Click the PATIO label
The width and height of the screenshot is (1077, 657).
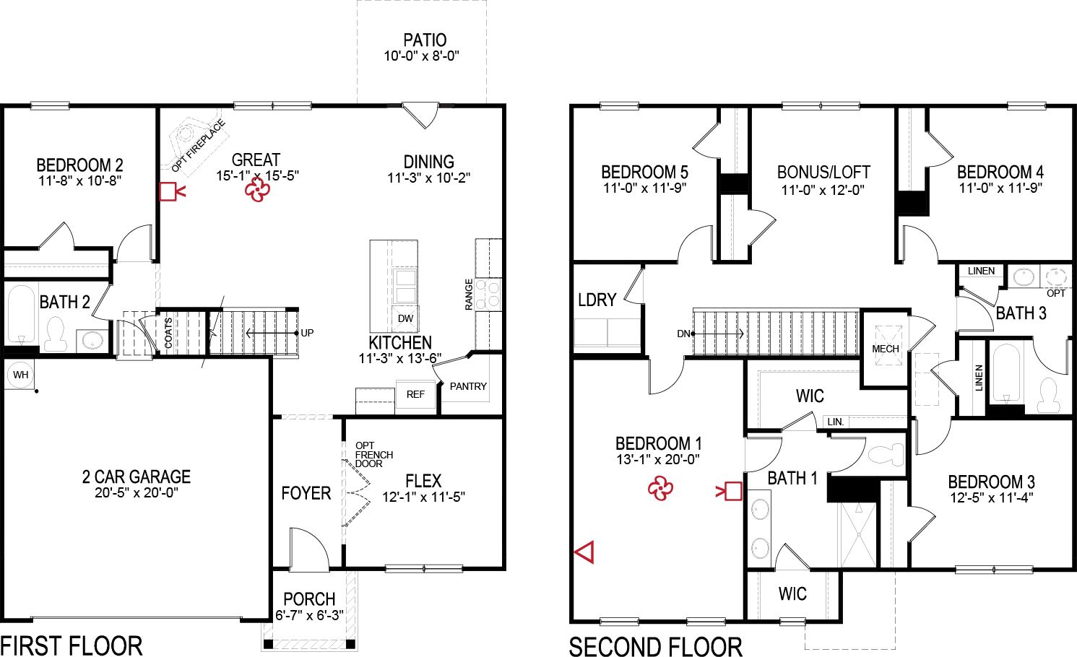pos(425,40)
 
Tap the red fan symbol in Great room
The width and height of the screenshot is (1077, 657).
pos(257,190)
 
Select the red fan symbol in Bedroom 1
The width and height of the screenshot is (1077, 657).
pos(660,489)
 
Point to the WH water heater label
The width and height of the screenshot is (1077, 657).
pos(21,375)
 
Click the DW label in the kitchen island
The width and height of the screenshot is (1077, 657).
pos(405,318)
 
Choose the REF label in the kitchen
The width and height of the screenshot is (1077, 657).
pos(415,394)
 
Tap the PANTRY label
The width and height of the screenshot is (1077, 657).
pos(468,386)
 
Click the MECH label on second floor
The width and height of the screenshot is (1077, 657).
pos(886,349)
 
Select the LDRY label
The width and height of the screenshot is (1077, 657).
pos(597,300)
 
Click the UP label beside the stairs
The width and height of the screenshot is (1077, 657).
pos(307,333)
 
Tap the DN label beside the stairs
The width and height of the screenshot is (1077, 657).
pos(683,334)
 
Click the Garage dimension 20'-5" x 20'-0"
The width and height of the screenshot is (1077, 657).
pos(137,493)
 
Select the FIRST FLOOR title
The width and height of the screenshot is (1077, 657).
pos(72,645)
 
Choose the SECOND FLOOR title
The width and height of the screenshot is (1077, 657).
pos(655,646)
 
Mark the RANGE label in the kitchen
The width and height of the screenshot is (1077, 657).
pos(469,295)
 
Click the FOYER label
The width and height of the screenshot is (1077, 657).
pos(306,493)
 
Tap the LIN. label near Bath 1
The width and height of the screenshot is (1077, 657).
pos(835,422)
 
